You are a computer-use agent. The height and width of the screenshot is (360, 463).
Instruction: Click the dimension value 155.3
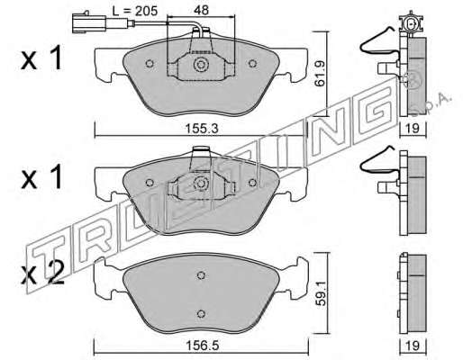click(201, 129)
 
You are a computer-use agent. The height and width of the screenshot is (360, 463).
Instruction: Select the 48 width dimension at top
click(201, 10)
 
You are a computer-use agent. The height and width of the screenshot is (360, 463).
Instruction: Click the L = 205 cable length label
click(135, 11)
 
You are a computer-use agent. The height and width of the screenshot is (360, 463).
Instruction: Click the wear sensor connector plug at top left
click(88, 22)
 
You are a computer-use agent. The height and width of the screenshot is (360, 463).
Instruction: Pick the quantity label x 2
click(42, 273)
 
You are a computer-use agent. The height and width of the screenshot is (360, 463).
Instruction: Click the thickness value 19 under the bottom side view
click(413, 346)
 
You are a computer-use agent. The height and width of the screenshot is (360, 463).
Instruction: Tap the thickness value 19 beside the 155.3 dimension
click(413, 129)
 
